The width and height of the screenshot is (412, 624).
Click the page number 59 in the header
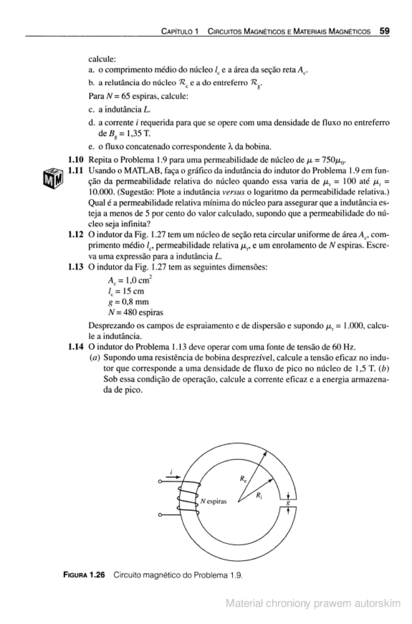click(x=384, y=31)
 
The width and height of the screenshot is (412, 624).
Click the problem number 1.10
click(x=76, y=160)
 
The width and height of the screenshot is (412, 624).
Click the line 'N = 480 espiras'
click(x=136, y=312)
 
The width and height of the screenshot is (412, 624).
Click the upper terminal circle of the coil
click(x=160, y=482)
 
